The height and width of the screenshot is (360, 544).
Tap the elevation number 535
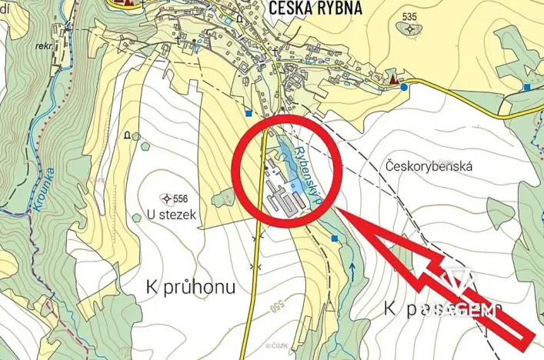(x=409, y=17)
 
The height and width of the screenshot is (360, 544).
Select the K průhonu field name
(x=191, y=287)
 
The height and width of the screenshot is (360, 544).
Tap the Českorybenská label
(x=429, y=166)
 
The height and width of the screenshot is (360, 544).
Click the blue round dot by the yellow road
(x=405, y=87)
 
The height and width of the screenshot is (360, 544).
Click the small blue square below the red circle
(x=335, y=238)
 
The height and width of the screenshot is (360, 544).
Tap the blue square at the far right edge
(x=527, y=88)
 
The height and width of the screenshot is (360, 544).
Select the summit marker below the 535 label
(x=410, y=29)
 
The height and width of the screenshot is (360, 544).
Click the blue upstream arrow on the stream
(x=352, y=269)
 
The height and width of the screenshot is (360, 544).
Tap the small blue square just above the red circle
(x=249, y=113)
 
